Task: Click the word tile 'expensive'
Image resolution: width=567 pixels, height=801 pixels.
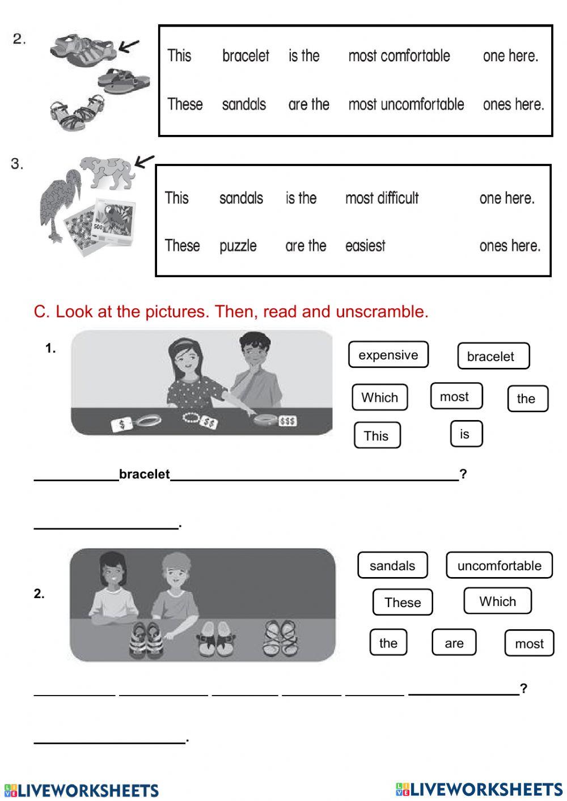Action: coord(388,355)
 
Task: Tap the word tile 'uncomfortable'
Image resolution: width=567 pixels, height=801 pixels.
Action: coord(499,565)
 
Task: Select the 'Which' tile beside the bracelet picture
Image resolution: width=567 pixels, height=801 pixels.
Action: coord(380,397)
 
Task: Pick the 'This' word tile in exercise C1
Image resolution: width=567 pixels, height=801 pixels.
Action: coord(376,435)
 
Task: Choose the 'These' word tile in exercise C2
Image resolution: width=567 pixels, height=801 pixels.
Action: coord(403,602)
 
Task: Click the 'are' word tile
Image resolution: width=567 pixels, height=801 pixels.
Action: coord(454,643)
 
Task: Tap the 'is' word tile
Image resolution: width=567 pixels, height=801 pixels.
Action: coord(465,434)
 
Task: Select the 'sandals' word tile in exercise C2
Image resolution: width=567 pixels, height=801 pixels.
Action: coord(392,565)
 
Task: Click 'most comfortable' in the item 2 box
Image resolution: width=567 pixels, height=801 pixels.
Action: coord(399,56)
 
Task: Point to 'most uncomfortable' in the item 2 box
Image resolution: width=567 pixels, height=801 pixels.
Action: coord(406,104)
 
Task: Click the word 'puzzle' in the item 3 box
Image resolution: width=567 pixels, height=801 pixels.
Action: coord(238,246)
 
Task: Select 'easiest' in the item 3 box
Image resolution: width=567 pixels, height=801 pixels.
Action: coord(365,246)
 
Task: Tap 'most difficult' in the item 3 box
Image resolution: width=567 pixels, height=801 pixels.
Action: coord(382,198)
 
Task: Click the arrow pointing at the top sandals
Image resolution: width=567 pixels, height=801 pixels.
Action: coord(130,46)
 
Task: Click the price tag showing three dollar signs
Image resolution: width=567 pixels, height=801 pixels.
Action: coord(287,421)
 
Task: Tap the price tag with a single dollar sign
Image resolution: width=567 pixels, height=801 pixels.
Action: coord(122,424)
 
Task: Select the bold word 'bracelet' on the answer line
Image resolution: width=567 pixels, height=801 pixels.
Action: coord(144,474)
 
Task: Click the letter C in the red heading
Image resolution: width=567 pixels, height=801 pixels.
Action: coord(39,311)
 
